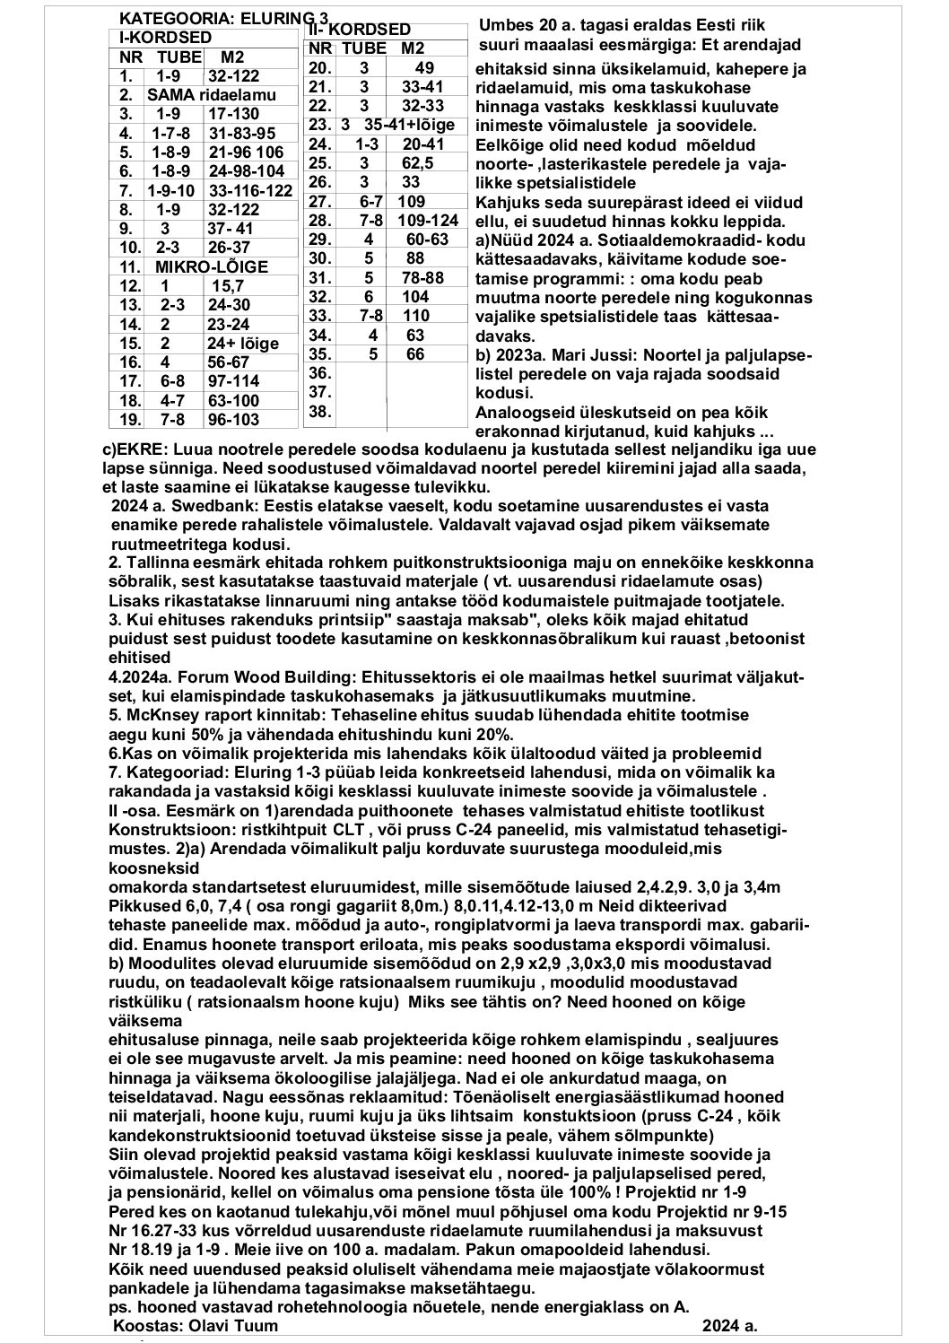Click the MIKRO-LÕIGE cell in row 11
[x=212, y=266]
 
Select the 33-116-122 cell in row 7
[x=251, y=190]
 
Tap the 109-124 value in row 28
[x=427, y=221]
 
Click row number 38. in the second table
[x=320, y=412]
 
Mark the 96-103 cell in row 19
[x=232, y=419]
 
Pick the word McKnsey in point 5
[x=156, y=716]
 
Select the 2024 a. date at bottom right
[x=730, y=1325]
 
